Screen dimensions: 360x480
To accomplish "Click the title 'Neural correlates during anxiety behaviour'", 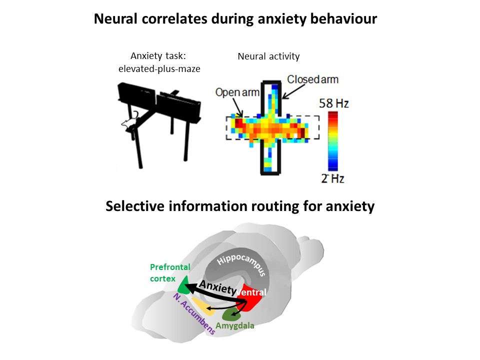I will pyautogui.click(x=235, y=19).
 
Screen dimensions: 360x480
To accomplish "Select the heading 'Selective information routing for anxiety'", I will pyautogui.click(x=240, y=206).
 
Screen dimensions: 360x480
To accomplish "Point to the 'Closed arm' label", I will pyautogui.click(x=312, y=79).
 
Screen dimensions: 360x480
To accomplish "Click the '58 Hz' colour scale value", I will pyautogui.click(x=333, y=104).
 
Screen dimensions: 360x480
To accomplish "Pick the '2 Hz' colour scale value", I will pyautogui.click(x=333, y=178).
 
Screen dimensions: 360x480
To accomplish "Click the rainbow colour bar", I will pyautogui.click(x=332, y=141).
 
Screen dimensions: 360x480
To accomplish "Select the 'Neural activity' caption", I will pyautogui.click(x=268, y=56).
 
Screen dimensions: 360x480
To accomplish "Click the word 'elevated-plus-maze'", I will pyautogui.click(x=159, y=68).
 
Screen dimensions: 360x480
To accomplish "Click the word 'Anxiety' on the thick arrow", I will pyautogui.click(x=217, y=288).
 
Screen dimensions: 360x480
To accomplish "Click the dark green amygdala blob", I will pyautogui.click(x=232, y=314).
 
